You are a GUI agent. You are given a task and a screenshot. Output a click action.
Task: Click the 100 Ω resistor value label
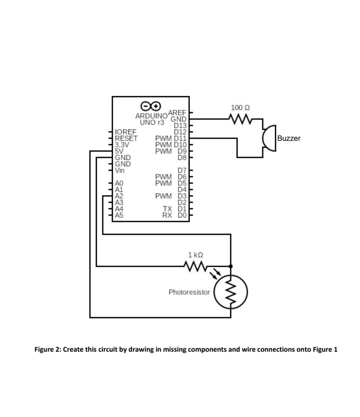click(x=240, y=108)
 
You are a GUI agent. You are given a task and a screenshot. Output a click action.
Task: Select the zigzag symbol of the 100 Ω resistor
click(x=240, y=119)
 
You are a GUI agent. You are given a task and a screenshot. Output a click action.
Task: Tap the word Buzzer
click(x=289, y=138)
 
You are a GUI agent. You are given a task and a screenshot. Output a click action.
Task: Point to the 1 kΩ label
click(x=195, y=255)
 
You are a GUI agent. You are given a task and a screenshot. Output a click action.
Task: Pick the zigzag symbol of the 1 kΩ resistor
click(x=195, y=266)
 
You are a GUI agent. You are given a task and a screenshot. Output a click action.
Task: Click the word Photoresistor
click(x=189, y=292)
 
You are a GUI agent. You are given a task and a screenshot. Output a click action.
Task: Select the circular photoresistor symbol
click(x=231, y=292)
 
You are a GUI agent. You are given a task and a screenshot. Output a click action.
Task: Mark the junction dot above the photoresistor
click(x=231, y=266)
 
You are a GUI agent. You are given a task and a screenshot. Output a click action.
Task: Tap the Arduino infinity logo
click(x=151, y=106)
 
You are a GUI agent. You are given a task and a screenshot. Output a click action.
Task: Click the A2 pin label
click(x=119, y=196)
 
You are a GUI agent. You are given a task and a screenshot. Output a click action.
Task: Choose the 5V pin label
click(x=119, y=151)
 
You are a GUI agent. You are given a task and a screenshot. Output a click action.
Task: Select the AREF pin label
click(x=177, y=112)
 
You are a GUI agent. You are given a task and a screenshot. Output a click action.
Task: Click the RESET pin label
click(x=126, y=138)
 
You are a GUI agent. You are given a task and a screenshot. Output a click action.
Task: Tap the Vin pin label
click(x=120, y=171)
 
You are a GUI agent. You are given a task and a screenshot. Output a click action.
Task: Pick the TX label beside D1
click(x=167, y=209)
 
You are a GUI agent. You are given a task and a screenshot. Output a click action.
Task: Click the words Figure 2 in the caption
click(x=47, y=350)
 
